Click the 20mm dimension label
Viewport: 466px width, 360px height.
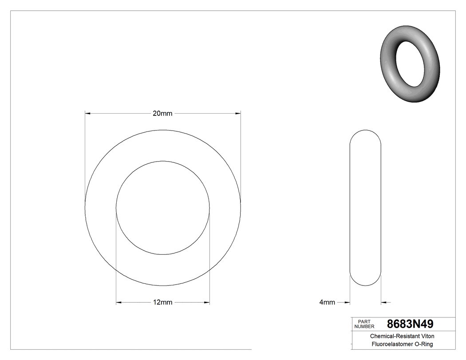(x=162, y=114)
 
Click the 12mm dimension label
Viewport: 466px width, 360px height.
(x=162, y=303)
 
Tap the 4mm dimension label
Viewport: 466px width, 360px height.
(x=327, y=303)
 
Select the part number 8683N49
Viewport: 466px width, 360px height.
(x=410, y=324)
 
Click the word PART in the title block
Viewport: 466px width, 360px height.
(x=364, y=321)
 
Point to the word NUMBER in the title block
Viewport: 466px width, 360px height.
(x=364, y=327)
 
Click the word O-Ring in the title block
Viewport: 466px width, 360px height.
(x=423, y=344)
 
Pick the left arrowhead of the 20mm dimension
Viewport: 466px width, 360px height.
(x=88, y=114)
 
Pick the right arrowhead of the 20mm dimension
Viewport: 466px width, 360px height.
(x=238, y=114)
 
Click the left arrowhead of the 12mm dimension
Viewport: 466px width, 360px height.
(x=119, y=303)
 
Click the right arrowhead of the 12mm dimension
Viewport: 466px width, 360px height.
(x=207, y=303)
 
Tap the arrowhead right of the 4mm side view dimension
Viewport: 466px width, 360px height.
(x=384, y=303)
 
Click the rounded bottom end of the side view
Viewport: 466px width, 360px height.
(x=366, y=283)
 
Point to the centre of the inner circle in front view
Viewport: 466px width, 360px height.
(x=163, y=208)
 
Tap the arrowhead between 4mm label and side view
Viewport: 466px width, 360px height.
(x=348, y=303)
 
